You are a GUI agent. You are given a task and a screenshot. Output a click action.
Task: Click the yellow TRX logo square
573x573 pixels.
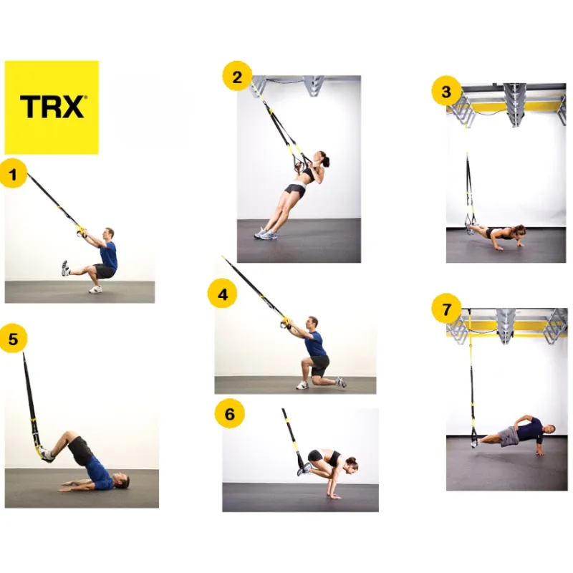52,107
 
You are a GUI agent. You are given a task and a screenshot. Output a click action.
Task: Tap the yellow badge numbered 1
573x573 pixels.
14,174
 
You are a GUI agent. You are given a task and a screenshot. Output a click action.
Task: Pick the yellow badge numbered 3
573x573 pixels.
446,92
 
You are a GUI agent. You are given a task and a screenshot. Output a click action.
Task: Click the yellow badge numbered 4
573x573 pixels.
223,294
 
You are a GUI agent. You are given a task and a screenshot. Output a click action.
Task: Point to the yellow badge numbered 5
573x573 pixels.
13,337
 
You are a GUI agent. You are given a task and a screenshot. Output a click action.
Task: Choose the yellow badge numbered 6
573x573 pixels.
230,414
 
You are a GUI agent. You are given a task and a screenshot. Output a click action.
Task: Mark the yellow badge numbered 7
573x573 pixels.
446,310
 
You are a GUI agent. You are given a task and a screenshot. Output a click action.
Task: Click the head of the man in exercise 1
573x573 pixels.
109,233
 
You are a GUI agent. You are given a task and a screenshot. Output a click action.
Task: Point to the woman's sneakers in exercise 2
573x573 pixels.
264,233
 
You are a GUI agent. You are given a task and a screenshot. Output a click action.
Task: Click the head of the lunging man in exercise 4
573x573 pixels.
313,323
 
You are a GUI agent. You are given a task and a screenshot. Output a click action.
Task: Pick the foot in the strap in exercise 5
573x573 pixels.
44,453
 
